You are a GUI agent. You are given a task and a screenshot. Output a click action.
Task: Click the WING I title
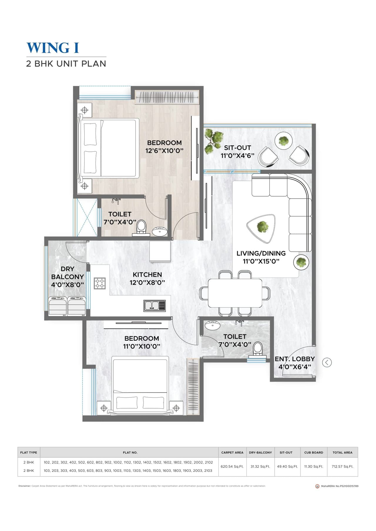click(53, 48)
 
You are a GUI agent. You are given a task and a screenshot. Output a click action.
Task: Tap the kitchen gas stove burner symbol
click(100, 283)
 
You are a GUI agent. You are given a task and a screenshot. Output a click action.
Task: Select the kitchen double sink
click(155, 306)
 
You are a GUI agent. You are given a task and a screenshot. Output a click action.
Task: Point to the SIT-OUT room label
click(237, 148)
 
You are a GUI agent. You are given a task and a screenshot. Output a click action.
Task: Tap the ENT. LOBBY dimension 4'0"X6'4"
click(295, 367)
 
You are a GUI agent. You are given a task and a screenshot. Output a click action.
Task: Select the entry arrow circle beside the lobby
click(327, 362)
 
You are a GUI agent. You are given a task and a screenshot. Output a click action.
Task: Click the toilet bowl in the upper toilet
click(141, 226)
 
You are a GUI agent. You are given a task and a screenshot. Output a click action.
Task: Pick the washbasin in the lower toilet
click(212, 325)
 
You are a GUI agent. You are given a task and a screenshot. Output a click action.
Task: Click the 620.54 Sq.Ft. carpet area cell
click(232, 466)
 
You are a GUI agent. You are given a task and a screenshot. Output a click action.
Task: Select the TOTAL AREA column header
click(342, 452)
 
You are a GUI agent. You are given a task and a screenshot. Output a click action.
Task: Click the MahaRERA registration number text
click(340, 486)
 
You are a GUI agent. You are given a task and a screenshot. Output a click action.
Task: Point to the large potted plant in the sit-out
click(214, 141)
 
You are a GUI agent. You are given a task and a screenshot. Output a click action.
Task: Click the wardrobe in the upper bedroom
click(167, 97)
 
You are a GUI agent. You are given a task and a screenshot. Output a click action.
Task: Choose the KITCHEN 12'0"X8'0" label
click(147, 278)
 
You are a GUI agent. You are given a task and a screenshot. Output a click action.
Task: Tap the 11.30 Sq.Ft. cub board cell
click(313, 466)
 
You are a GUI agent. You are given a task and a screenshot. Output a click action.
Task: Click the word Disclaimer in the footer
click(24, 486)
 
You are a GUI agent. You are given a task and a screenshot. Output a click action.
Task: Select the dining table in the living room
click(235, 293)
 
